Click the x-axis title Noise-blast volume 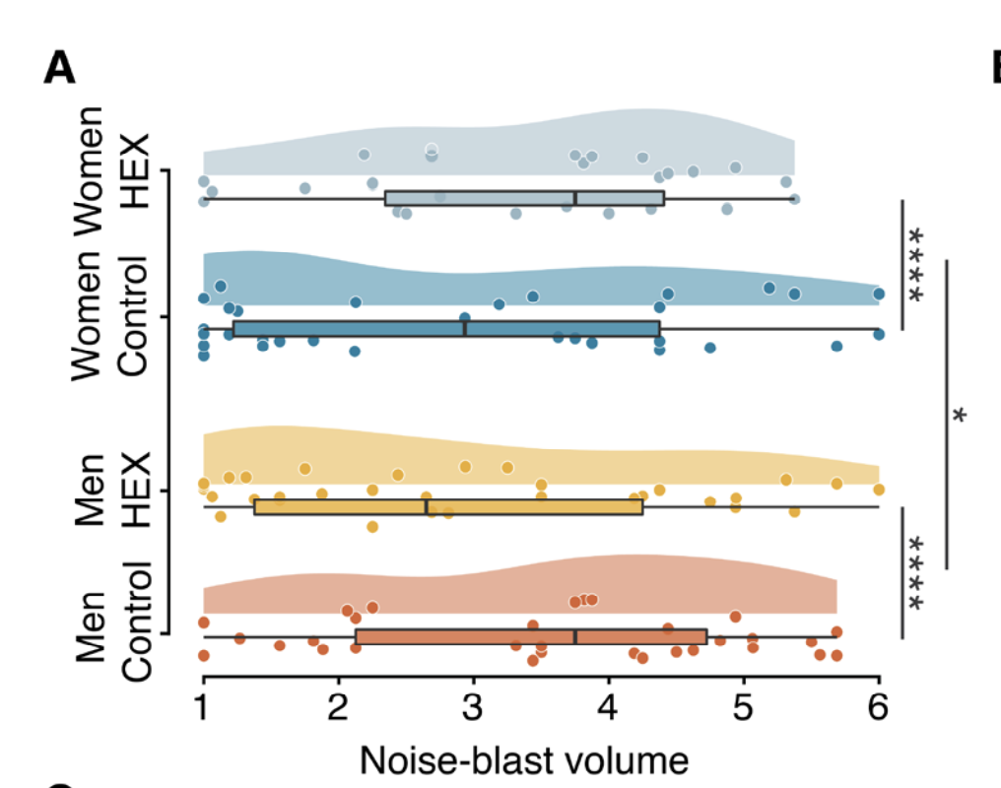(523, 761)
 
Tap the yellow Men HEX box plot (448, 506)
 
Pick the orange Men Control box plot (531, 636)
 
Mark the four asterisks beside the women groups (917, 265)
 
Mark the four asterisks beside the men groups (917, 573)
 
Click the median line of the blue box (465, 328)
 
